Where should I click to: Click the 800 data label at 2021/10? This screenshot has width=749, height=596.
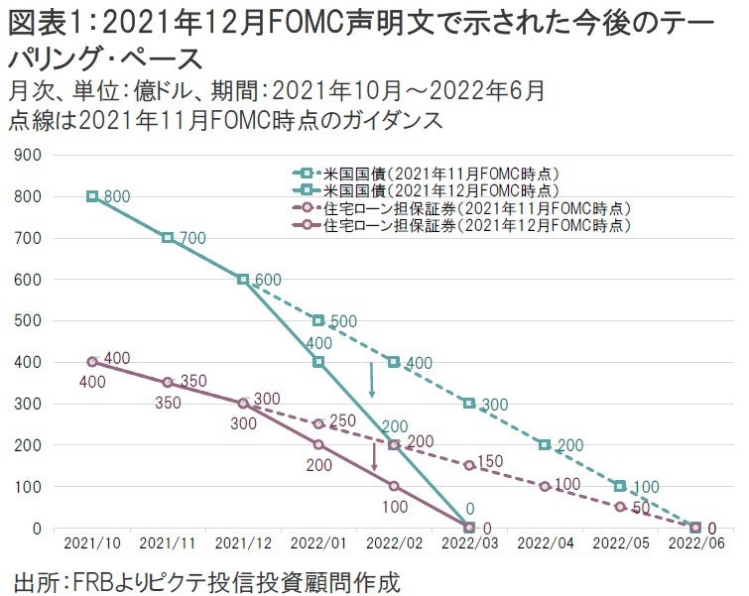pyautogui.click(x=117, y=196)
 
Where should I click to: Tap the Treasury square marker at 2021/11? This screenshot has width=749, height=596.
pyautogui.click(x=168, y=238)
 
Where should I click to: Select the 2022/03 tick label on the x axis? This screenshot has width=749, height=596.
pyautogui.click(x=468, y=543)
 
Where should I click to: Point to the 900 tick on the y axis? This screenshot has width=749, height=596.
pyautogui.click(x=29, y=155)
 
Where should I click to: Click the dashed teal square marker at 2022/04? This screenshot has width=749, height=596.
pyautogui.click(x=545, y=444)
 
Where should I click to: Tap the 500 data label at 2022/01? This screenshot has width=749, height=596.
pyautogui.click(x=342, y=320)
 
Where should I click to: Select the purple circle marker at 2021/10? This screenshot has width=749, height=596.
pyautogui.click(x=92, y=362)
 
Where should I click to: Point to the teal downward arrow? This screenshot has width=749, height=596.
pyautogui.click(x=371, y=380)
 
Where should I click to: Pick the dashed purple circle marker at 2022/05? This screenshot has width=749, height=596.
pyautogui.click(x=620, y=507)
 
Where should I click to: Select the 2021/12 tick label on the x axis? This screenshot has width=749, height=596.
pyautogui.click(x=242, y=543)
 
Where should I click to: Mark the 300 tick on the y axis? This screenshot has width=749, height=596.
pyautogui.click(x=29, y=404)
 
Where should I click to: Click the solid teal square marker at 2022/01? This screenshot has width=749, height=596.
pyautogui.click(x=318, y=362)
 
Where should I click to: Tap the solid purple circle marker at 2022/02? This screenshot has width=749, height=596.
pyautogui.click(x=394, y=486)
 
